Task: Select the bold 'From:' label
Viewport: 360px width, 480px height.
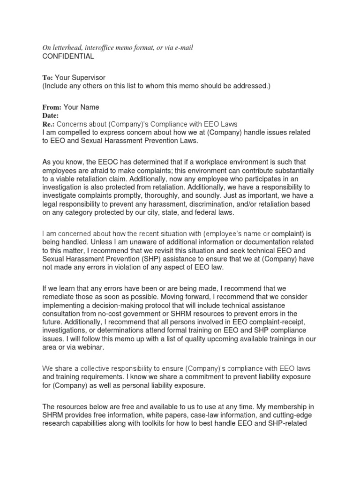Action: coord(52,107)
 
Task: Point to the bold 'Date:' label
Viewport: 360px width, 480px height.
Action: coord(51,115)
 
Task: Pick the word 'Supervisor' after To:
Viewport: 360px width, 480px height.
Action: coord(91,77)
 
